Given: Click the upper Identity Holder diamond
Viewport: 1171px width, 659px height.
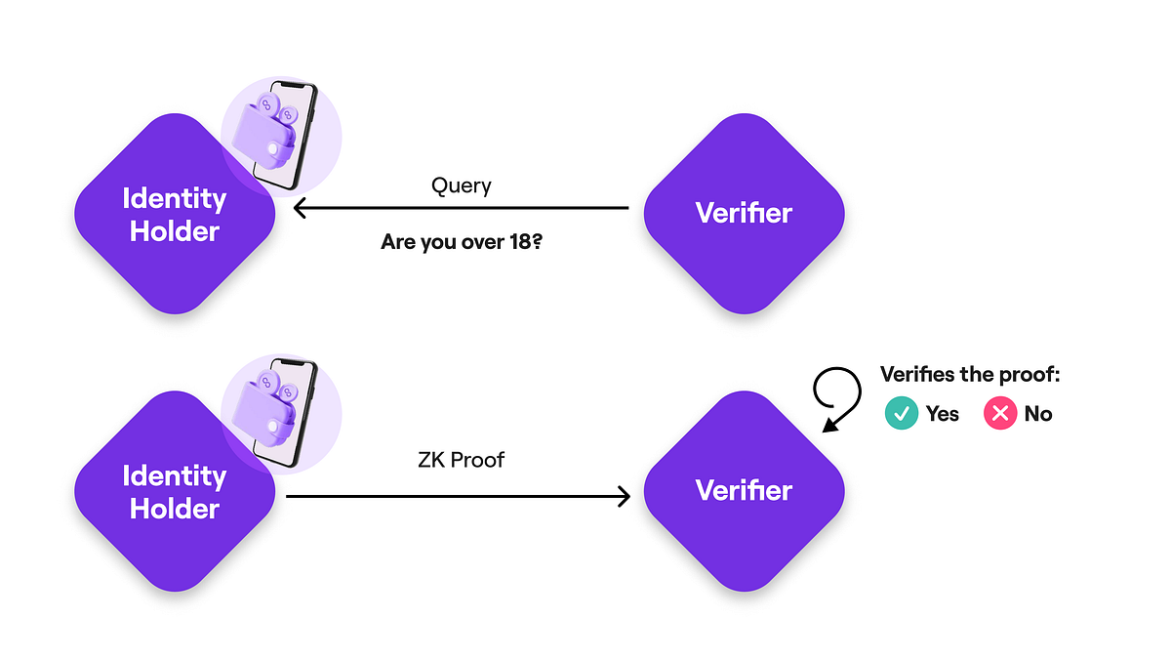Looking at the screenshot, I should coord(175,215).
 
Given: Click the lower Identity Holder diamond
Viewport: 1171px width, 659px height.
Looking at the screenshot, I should coord(175,492).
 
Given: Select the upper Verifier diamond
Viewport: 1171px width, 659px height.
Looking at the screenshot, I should coord(744,213).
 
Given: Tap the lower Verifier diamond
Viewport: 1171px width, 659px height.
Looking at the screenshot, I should coord(744,490).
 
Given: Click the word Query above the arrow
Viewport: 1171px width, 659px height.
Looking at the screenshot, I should coord(461,185).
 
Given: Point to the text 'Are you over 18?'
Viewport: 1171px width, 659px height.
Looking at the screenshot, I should coord(462,240).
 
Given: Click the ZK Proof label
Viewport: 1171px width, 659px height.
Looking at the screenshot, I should coord(461,459).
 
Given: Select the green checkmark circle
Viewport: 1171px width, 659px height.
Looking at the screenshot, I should coord(901,414).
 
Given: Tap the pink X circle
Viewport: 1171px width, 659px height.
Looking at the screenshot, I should coord(999,414).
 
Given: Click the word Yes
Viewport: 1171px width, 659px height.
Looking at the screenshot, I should coord(943,414).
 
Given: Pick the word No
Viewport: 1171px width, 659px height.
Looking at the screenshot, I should coord(1038,414).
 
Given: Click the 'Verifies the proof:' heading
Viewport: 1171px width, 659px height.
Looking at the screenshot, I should coord(969,375).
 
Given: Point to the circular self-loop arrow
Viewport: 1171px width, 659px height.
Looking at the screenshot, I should coord(837,391).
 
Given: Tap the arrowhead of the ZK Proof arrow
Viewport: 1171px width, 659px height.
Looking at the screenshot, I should coord(622,497).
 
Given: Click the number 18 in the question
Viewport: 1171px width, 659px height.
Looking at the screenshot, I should coord(522,240).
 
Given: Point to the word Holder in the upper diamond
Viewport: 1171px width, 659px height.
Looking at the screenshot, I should coord(175,232).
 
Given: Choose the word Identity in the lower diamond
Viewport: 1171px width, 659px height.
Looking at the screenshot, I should coord(175,476).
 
